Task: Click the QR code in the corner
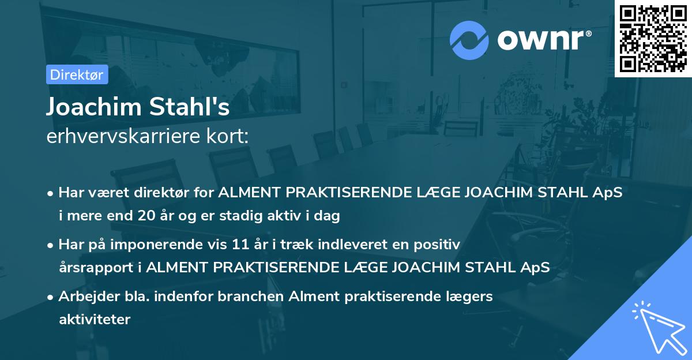653,38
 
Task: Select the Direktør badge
77,74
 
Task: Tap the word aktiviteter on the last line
95,319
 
